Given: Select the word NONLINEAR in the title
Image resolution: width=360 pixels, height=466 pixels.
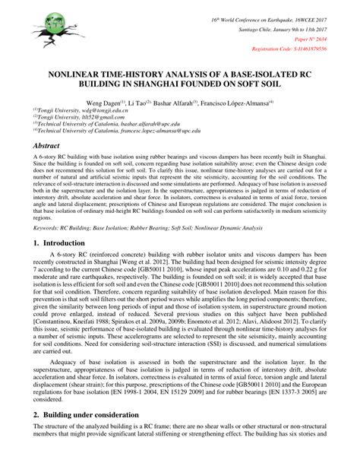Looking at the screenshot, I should [80, 76].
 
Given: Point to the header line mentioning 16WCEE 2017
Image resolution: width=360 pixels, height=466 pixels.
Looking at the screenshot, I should [289, 15].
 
